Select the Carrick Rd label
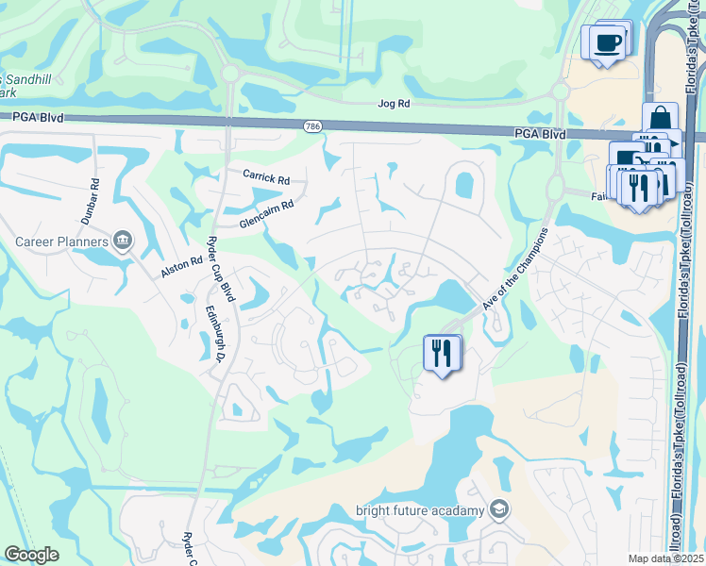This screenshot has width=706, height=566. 265,177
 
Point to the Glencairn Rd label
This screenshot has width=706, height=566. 267,212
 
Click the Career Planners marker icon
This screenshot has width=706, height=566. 122,241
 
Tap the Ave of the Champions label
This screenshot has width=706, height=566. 515,268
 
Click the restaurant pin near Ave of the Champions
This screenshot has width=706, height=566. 441,354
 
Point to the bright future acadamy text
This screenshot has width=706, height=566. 420,511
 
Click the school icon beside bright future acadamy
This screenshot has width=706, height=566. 499,510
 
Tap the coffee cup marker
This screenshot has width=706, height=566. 609,42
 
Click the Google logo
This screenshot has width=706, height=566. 31,555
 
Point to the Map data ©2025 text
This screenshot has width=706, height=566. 664,558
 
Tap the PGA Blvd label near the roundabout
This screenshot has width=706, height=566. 541,135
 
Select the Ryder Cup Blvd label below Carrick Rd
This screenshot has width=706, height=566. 227,269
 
